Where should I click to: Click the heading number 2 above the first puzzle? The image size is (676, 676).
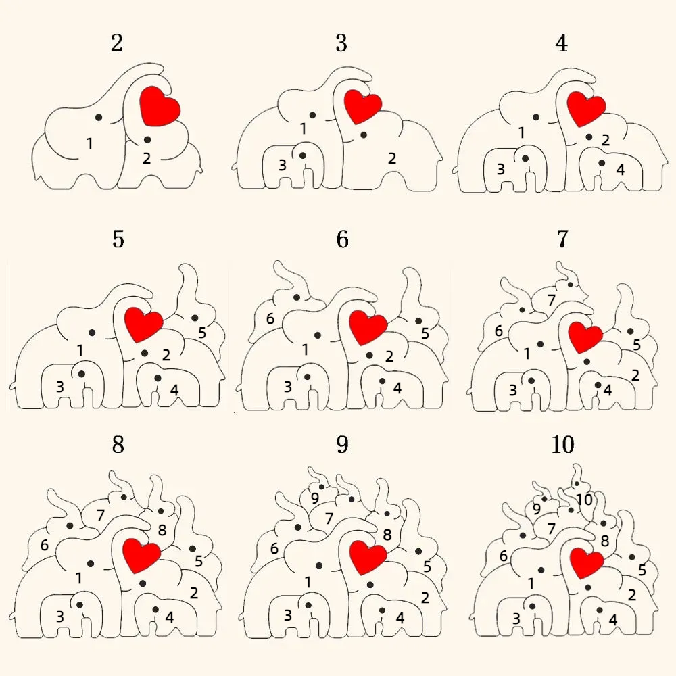click(117, 44)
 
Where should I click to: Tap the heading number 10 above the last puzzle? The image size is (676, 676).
click(562, 445)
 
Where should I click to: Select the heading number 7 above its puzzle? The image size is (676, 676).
click(562, 239)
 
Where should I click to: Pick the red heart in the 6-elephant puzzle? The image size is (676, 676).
click(368, 328)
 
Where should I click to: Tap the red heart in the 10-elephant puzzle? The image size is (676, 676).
click(585, 562)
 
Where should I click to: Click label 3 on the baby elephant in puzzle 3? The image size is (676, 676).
click(283, 164)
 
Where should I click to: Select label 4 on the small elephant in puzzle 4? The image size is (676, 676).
click(620, 169)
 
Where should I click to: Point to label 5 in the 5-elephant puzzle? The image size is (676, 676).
click(201, 332)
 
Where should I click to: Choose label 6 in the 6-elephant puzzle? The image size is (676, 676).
click(270, 318)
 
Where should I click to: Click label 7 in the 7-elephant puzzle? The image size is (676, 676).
click(551, 300)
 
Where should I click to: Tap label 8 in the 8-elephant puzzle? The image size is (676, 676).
click(162, 530)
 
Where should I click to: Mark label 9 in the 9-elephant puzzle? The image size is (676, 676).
click(314, 498)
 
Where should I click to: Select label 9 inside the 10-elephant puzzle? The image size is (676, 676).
click(536, 508)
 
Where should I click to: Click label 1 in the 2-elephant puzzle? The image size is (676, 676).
click(89, 143)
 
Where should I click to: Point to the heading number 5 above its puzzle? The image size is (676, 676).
click(118, 239)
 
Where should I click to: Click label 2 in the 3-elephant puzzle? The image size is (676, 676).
click(391, 158)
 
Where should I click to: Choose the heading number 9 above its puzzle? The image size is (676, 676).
click(342, 445)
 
